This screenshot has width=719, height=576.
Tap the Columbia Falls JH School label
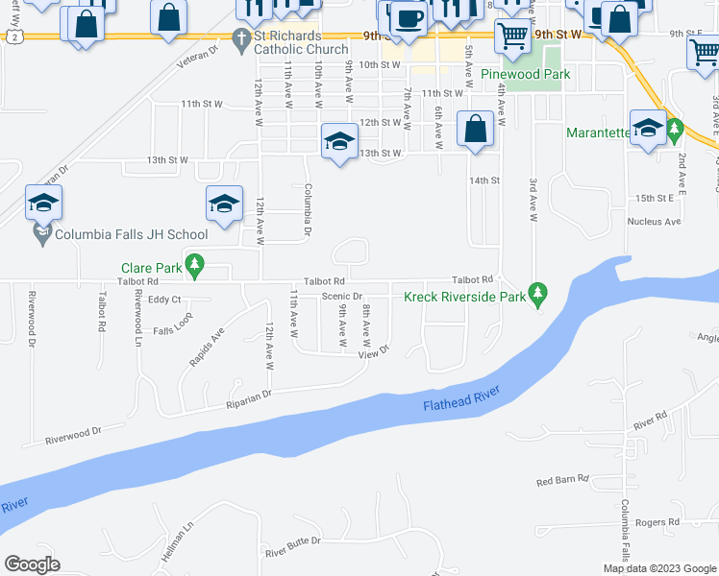click(131, 234)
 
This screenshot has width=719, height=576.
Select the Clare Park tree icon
click(195, 263)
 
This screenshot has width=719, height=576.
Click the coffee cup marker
click(409, 18)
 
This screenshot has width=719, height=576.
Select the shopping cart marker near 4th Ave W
click(512, 36)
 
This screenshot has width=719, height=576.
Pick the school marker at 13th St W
click(338, 140)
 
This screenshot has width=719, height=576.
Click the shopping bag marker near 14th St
click(475, 128)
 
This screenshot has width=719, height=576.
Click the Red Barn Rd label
click(562, 480)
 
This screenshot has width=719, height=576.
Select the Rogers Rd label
click(657, 522)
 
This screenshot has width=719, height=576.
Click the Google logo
click(32, 564)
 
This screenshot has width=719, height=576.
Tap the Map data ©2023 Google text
click(658, 568)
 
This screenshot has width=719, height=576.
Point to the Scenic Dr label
click(341, 297)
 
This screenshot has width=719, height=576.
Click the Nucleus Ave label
click(654, 222)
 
